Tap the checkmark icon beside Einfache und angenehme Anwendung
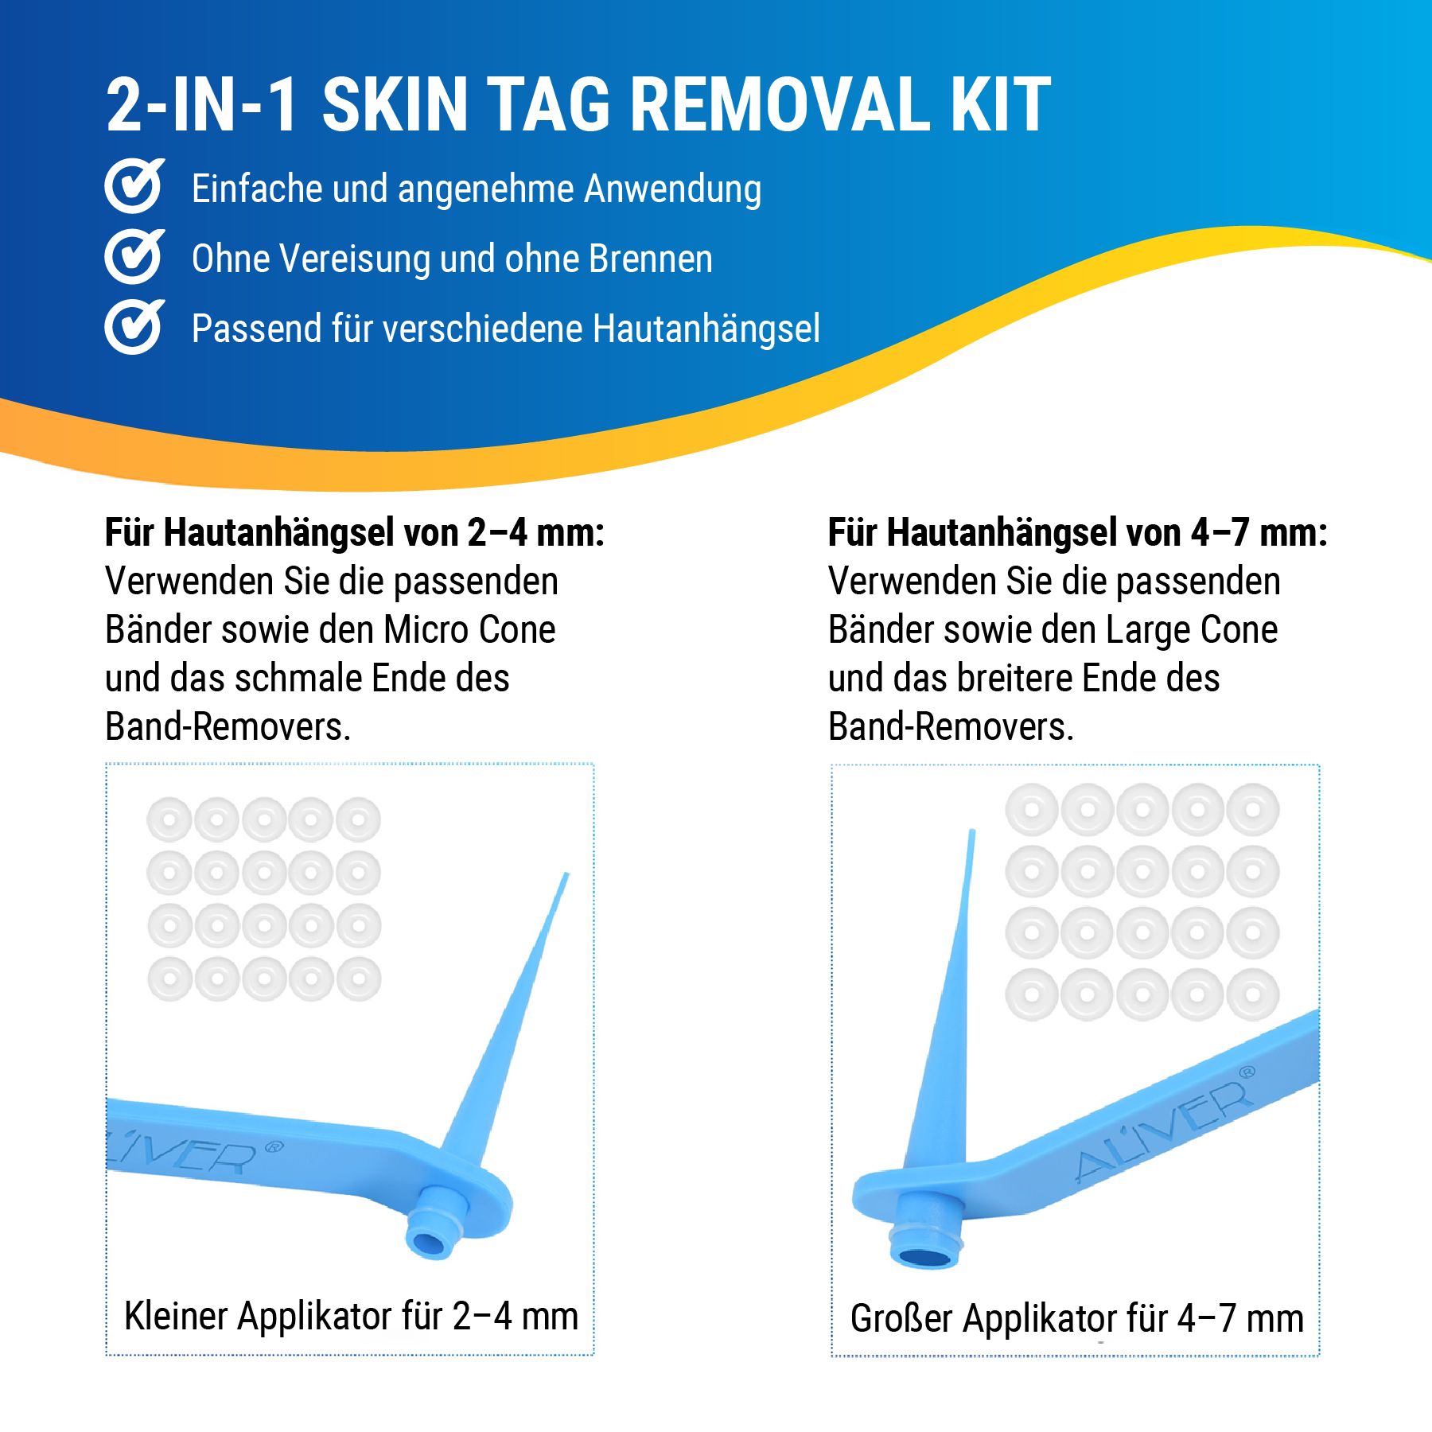click(134, 187)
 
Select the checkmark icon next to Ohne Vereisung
click(134, 257)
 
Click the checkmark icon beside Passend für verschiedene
click(134, 327)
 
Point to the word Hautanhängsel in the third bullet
click(706, 329)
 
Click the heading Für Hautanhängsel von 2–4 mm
click(354, 532)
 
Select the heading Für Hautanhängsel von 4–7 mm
click(1077, 532)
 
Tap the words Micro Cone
click(469, 630)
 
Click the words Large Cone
click(1191, 630)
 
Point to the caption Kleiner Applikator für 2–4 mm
click(351, 1316)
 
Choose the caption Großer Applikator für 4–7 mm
click(1076, 1318)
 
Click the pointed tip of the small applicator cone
click(566, 876)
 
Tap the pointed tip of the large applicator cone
click(971, 833)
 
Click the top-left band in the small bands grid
click(169, 819)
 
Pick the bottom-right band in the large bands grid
click(1252, 994)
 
